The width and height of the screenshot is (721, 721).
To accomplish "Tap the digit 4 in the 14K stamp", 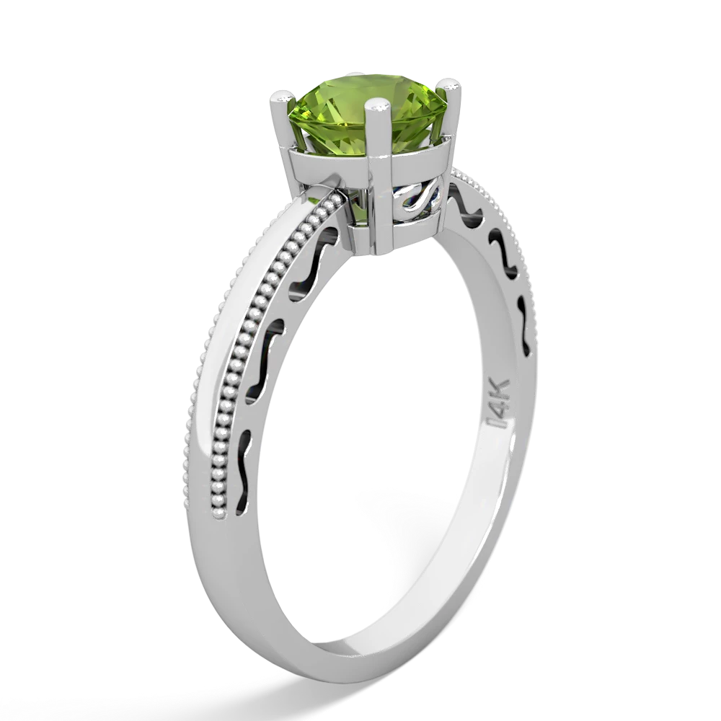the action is pos(497,411).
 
